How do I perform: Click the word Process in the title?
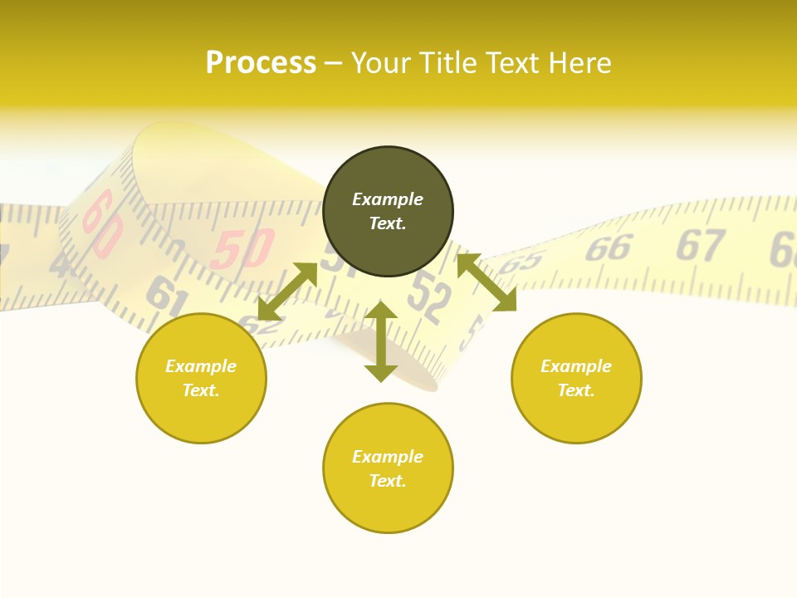click(261, 63)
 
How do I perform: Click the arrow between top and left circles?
click(287, 292)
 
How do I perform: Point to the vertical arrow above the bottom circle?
click(381, 341)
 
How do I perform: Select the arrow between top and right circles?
click(487, 282)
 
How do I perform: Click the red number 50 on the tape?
click(242, 248)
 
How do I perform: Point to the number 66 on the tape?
click(609, 248)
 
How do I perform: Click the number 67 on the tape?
click(700, 245)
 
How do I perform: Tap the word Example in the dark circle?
click(388, 199)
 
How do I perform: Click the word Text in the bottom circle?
click(386, 481)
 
